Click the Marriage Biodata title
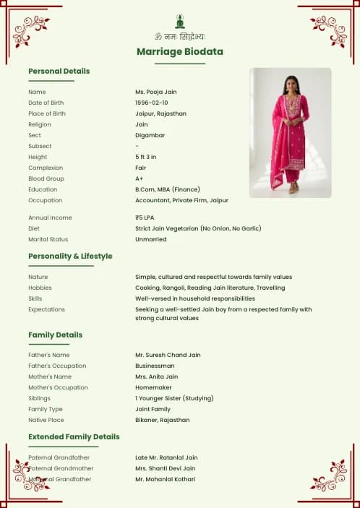click(x=180, y=52)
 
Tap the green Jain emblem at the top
click(x=180, y=21)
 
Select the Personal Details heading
click(x=59, y=71)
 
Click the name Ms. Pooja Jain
click(x=156, y=92)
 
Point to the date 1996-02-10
click(x=152, y=103)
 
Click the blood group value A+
click(x=139, y=178)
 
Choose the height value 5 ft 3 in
click(x=146, y=157)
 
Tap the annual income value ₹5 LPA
click(x=145, y=218)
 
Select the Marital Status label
click(x=47, y=239)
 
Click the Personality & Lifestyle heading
click(x=70, y=256)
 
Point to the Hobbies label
click(x=40, y=288)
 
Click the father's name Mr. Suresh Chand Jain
click(x=168, y=355)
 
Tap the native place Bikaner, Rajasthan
click(x=163, y=420)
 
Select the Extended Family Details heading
click(x=74, y=436)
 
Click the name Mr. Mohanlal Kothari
click(x=166, y=479)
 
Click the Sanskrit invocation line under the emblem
click(x=180, y=36)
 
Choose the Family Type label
click(x=44, y=409)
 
